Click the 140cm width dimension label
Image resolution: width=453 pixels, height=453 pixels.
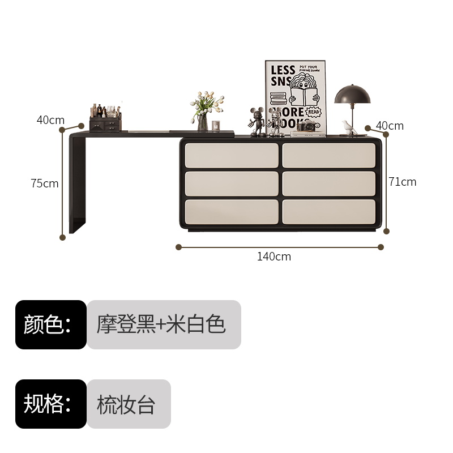tap(274, 257)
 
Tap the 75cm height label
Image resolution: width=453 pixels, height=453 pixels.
tap(45, 183)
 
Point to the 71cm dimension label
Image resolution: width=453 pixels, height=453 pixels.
tap(403, 182)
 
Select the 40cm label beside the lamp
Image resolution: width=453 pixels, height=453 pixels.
tap(390, 126)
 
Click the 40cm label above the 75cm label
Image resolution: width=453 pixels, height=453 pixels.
tap(50, 120)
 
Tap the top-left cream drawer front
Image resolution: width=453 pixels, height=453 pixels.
tap(232, 155)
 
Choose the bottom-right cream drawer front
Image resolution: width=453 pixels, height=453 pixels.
tap(329, 210)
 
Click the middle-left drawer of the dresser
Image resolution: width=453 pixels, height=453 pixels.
tap(232, 183)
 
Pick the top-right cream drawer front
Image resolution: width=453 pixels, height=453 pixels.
tap(329, 155)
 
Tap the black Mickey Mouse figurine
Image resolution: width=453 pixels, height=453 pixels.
tap(258, 120)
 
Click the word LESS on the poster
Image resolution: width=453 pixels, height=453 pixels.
tap(283, 70)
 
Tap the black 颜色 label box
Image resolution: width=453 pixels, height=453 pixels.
tap(50, 324)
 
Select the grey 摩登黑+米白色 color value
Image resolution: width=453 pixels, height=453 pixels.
tap(164, 324)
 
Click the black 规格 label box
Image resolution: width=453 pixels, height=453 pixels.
tap(50, 404)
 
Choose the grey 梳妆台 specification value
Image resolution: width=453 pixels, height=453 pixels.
tap(129, 404)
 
